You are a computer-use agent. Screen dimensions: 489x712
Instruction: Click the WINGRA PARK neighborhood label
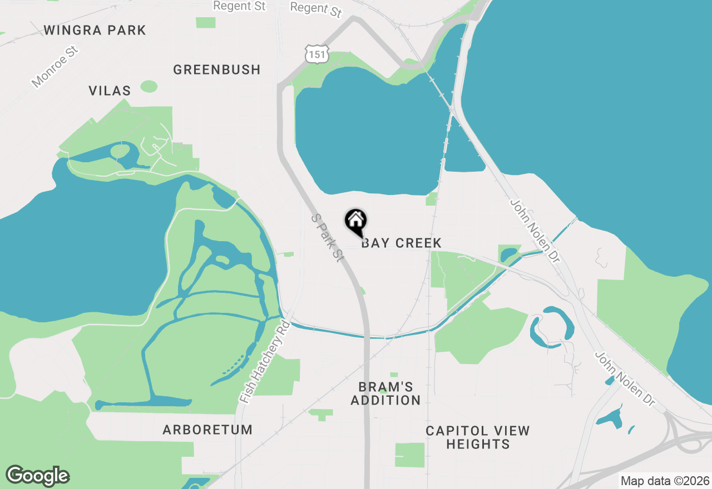(x=95, y=30)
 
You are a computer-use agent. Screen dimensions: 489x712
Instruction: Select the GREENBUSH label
(x=216, y=69)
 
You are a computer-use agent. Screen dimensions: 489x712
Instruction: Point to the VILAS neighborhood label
(x=110, y=91)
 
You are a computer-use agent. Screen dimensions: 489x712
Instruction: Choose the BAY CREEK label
(x=401, y=243)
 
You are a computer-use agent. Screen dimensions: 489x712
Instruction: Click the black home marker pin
(x=356, y=221)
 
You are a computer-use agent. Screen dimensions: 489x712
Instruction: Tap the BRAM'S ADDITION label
(x=385, y=393)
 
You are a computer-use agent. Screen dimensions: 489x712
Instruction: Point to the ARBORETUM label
(x=207, y=430)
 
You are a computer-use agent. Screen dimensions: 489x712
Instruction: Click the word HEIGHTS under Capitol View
(x=478, y=444)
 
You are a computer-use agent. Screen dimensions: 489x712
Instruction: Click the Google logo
(x=38, y=476)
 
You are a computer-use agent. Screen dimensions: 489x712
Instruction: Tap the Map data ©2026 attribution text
(x=665, y=481)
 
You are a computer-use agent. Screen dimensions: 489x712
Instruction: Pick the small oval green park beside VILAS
(x=149, y=86)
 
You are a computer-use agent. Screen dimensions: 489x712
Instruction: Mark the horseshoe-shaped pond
(x=551, y=328)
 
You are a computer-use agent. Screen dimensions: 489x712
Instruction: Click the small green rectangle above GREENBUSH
(x=206, y=23)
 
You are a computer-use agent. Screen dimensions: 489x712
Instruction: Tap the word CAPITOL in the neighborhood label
(x=456, y=431)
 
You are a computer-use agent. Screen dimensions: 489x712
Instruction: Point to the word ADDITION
(x=385, y=400)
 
